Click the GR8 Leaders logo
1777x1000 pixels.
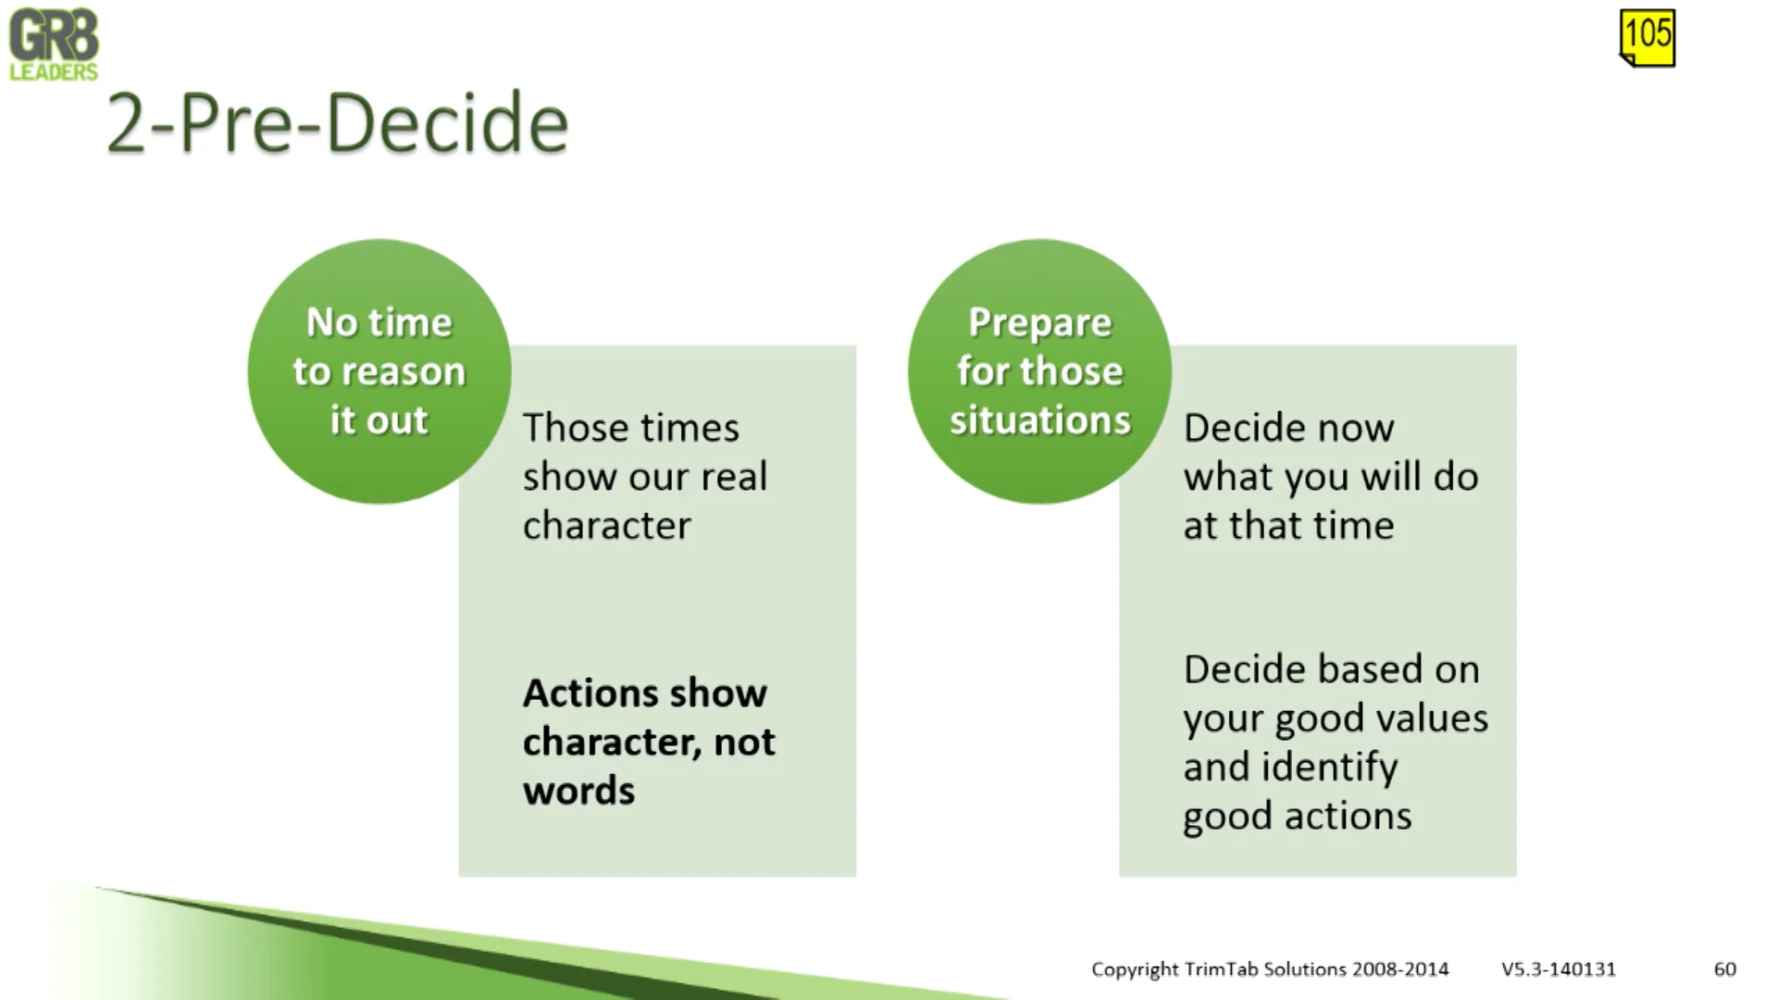pos(54,44)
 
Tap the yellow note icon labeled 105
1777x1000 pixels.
pos(1647,37)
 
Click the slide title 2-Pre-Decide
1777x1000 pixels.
pos(338,123)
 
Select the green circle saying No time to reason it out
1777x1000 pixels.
pos(379,370)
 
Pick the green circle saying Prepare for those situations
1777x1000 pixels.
pos(1039,370)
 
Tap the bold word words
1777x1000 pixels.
pos(578,791)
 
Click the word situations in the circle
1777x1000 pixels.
pos(1039,420)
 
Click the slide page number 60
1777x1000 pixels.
pos(1724,969)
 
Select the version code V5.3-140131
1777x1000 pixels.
pos(1559,969)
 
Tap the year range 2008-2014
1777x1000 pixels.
pos(1399,969)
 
